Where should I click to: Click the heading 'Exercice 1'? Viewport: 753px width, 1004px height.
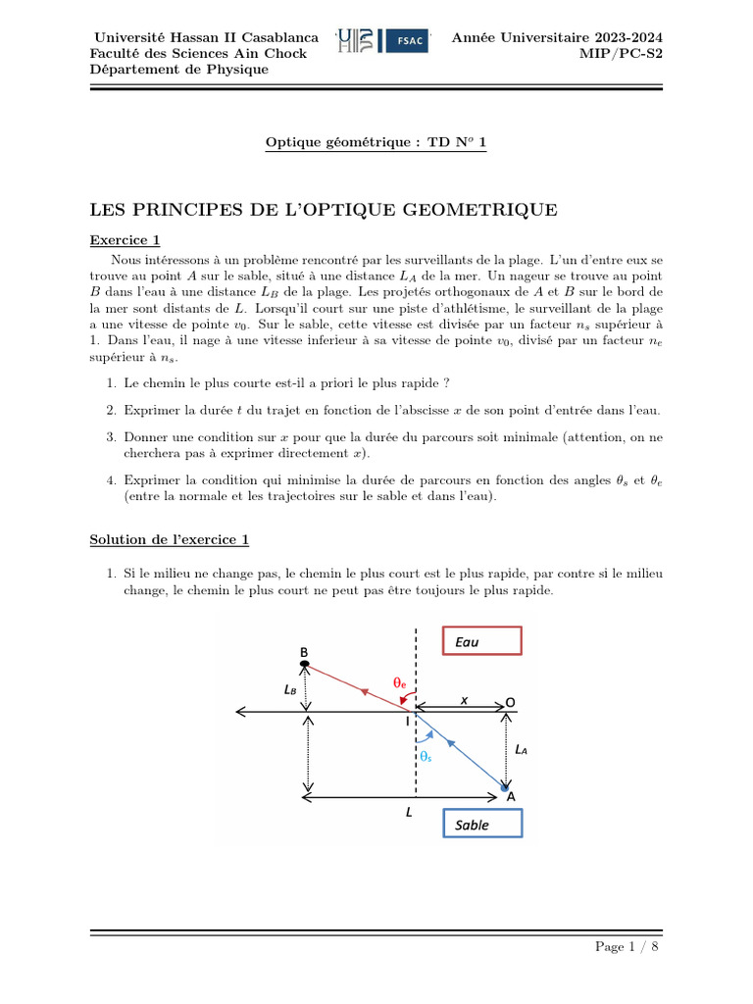125,239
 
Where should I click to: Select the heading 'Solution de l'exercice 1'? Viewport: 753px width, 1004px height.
170,539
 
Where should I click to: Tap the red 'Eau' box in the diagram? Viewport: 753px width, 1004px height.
481,641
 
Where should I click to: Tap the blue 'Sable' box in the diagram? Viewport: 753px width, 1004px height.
482,825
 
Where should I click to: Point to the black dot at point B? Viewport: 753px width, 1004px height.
305,666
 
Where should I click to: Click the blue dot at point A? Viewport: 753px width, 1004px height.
504,787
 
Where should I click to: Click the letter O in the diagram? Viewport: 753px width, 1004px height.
510,703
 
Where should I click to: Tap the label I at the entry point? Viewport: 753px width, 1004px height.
407,721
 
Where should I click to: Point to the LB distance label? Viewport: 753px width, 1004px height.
291,689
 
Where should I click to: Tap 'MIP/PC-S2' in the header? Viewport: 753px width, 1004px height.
622,53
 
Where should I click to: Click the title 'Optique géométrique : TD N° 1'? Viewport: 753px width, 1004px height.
376,143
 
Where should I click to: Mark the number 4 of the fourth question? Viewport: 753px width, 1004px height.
112,479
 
